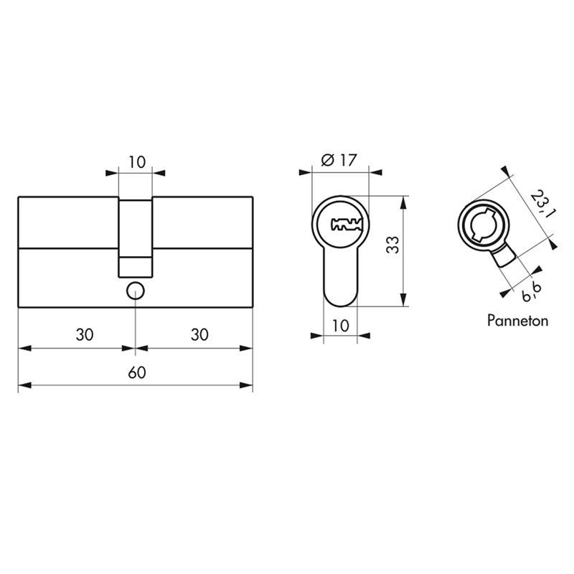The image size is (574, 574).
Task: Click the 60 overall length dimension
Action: click(137, 372)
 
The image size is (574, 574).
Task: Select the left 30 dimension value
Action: click(85, 334)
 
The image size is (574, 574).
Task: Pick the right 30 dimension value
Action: click(199, 334)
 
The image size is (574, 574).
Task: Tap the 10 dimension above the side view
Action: click(137, 162)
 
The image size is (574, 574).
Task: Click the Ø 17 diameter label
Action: click(339, 160)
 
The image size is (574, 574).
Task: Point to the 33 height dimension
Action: click(392, 245)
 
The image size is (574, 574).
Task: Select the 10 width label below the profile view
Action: click(340, 326)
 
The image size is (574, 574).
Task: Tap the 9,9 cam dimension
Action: click(532, 291)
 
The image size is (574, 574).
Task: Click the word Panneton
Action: click(517, 321)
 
